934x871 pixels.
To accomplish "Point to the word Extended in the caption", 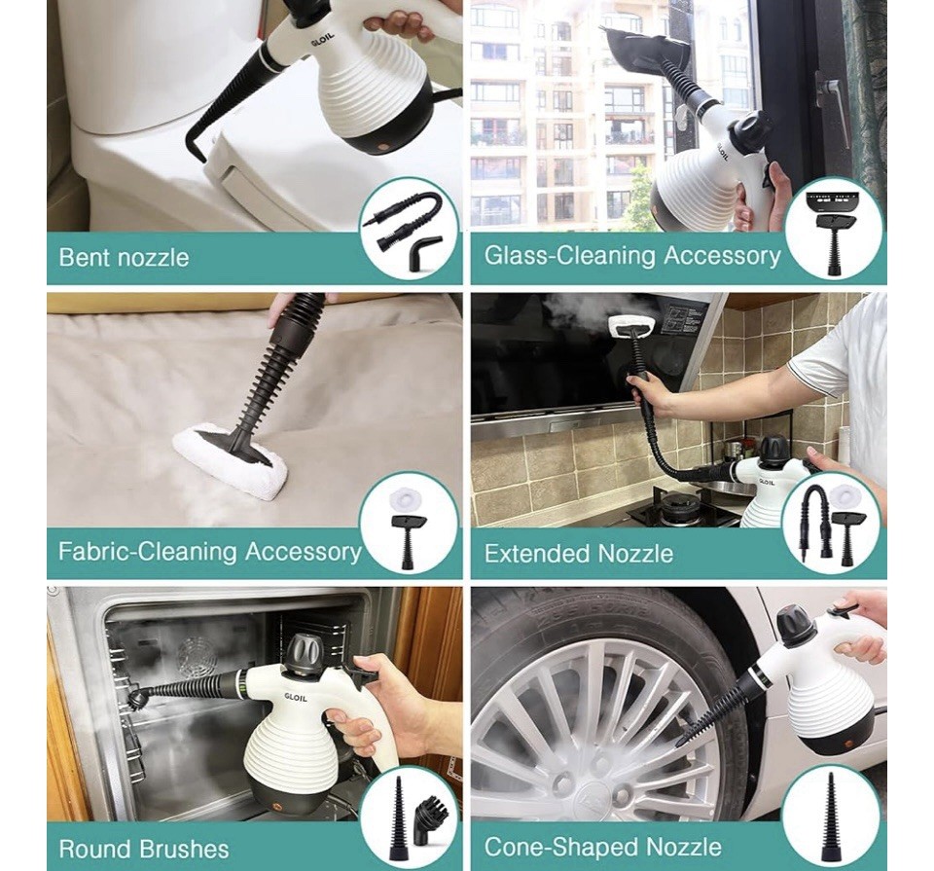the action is click(537, 554).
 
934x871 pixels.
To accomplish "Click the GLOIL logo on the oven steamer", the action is click(296, 697).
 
